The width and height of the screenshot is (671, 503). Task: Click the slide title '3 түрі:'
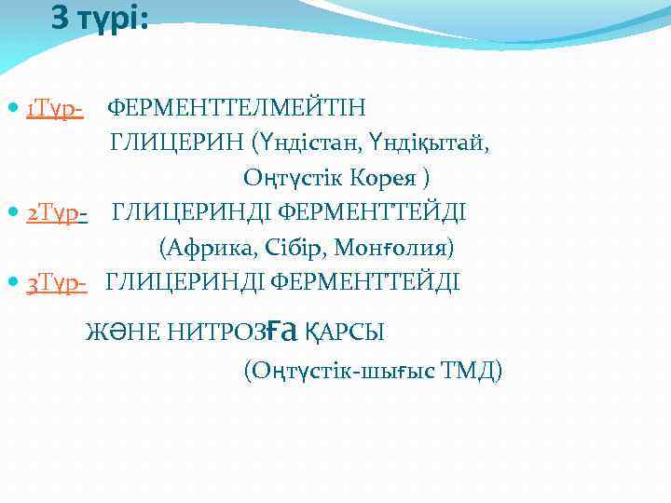99,19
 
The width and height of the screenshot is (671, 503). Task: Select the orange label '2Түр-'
57,213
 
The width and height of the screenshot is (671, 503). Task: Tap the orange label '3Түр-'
57,281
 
